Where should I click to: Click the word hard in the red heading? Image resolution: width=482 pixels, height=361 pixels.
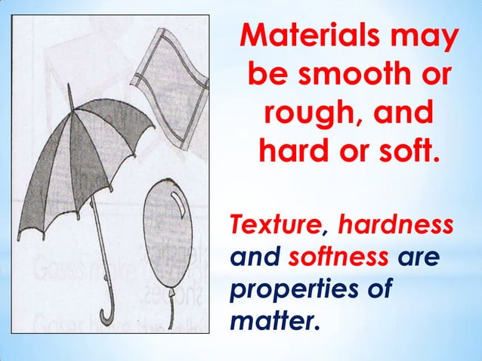[295, 158]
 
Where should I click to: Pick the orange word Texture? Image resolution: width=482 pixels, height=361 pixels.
[275, 226]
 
